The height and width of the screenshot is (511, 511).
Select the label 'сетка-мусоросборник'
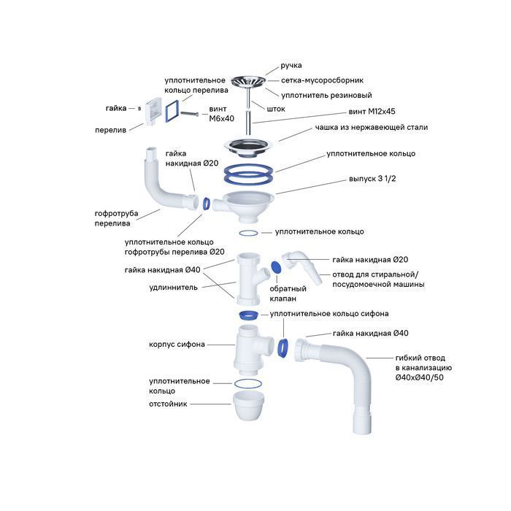322,80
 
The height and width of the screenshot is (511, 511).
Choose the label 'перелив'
109,130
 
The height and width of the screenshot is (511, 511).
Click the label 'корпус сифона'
177,344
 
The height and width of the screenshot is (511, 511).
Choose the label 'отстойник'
168,404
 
